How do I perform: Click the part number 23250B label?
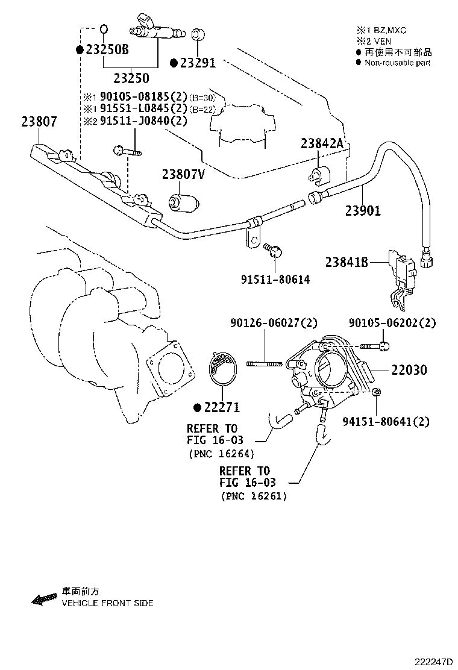pos(107,50)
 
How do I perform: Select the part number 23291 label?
pos(196,63)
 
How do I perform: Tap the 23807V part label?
pos(183,175)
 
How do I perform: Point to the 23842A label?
pos(322,143)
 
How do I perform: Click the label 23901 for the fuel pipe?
pos(363,211)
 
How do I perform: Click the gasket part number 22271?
pos(221,408)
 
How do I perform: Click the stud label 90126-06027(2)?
pos(274,324)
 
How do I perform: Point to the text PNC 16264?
pos(221,454)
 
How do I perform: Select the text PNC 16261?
pos(254,496)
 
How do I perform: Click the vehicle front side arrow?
pos(43,599)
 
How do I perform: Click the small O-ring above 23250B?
pos(103,28)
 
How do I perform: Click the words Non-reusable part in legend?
pos(397,63)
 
